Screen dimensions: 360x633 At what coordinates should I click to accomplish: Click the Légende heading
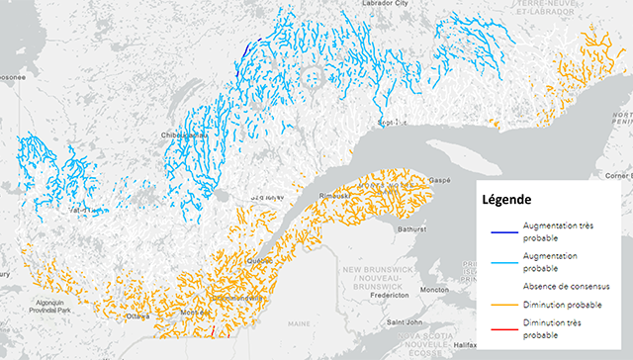[510, 199]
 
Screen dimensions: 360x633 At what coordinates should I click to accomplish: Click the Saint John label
[405, 321]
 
